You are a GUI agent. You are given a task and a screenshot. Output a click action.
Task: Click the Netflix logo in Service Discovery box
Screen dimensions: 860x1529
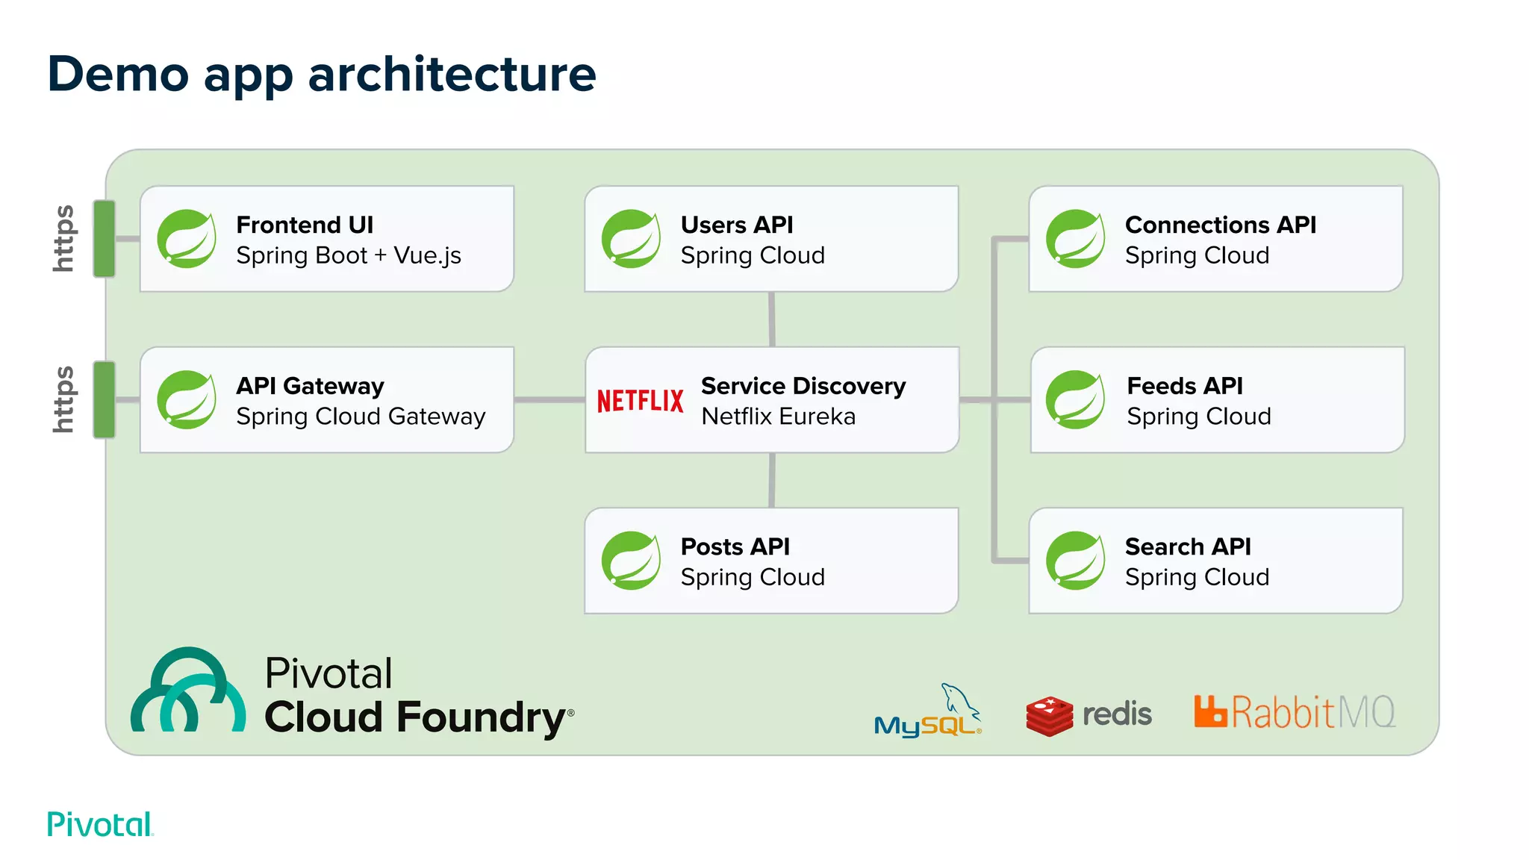640,401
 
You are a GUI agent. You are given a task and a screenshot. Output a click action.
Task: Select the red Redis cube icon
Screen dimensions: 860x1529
1049,716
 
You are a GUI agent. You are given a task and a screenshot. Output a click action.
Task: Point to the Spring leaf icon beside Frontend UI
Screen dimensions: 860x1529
187,239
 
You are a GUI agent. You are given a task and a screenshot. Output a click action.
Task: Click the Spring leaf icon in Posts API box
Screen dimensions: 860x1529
632,561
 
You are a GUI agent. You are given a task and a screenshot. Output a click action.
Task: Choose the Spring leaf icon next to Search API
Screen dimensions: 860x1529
1076,561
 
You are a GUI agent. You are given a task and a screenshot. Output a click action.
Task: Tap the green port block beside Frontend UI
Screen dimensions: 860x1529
105,239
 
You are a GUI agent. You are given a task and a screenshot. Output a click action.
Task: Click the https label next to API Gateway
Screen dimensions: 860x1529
64,399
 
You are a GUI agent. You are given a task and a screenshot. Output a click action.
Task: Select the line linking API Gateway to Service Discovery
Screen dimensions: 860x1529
549,400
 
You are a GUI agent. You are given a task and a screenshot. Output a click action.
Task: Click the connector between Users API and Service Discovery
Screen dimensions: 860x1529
771,319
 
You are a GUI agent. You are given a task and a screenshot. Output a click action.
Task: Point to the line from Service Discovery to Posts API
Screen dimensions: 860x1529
771,480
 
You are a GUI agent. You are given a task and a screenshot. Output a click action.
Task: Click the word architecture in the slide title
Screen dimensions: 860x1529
452,75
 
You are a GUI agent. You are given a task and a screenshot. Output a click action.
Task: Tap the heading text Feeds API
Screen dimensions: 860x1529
1185,386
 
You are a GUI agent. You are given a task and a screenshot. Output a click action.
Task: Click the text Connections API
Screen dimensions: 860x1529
1220,225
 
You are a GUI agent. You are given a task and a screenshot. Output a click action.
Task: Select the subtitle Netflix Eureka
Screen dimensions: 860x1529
778,417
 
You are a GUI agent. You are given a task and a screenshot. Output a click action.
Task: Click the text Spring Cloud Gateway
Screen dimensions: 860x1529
361,417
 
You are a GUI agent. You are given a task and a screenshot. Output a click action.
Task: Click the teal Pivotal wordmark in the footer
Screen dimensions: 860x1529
100,824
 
